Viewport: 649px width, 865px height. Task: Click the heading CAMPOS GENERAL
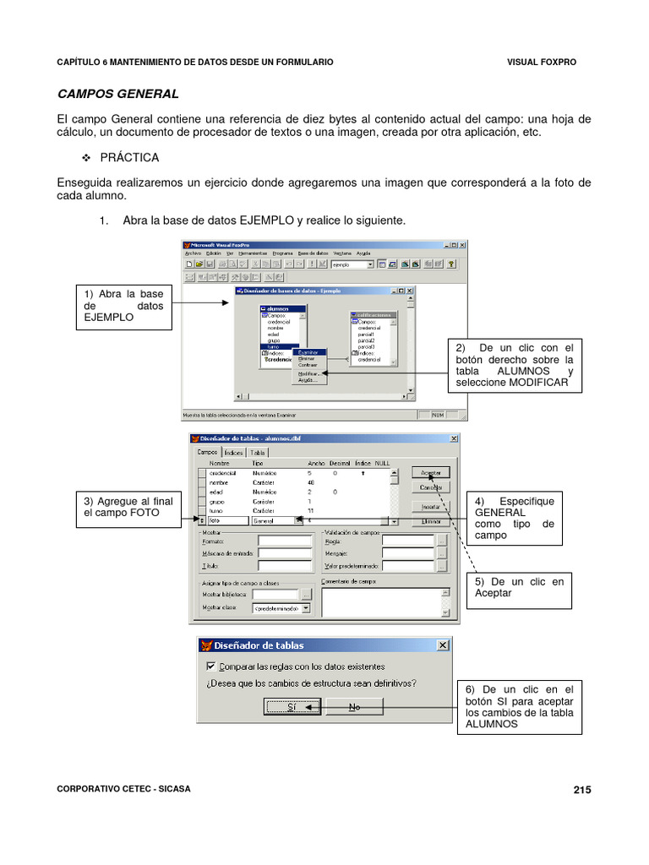[x=117, y=94]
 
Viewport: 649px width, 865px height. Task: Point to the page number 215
[x=581, y=790]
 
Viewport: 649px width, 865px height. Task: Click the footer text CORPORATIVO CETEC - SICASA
[x=123, y=789]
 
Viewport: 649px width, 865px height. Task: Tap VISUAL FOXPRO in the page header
[x=542, y=62]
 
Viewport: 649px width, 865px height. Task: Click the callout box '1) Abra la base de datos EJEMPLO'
[x=123, y=306]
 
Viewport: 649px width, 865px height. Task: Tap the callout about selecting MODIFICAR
[x=515, y=365]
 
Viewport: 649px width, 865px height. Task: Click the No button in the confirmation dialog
[x=354, y=706]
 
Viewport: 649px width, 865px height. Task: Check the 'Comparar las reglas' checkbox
[x=211, y=666]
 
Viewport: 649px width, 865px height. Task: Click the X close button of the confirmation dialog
[x=442, y=645]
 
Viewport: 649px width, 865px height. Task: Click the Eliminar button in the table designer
[x=431, y=522]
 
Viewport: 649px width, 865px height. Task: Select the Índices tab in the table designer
[x=233, y=453]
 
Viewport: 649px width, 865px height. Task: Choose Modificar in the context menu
[x=308, y=373]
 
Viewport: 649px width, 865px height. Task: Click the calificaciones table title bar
[x=374, y=315]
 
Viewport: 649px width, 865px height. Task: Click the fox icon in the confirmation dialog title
[x=206, y=645]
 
